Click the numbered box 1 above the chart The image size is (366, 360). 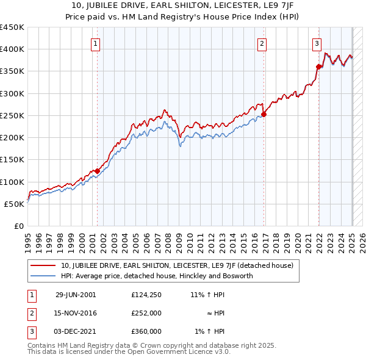point(97,43)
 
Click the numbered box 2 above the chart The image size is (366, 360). point(262,43)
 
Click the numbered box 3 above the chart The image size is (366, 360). point(317,43)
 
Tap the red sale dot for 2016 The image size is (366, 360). point(264,114)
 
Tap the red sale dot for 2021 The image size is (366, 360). point(318,67)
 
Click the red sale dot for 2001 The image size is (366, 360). point(97,171)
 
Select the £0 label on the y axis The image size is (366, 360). point(18,226)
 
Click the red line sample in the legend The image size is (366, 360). point(43,265)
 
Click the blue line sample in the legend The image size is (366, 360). point(43,276)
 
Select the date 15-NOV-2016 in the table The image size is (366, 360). point(76,313)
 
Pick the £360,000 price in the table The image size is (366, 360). point(147,331)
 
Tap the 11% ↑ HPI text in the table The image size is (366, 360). point(207,295)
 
